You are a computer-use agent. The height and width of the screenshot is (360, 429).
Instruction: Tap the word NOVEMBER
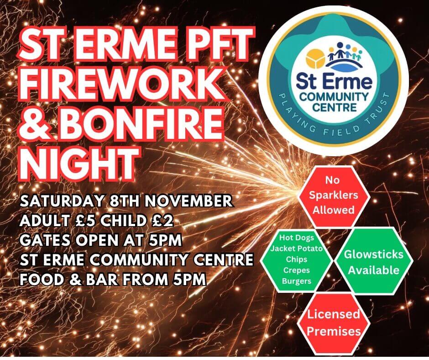188,201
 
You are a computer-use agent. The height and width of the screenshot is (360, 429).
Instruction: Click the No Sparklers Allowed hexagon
334,196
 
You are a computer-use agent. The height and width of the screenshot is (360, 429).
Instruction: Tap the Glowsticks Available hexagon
373,261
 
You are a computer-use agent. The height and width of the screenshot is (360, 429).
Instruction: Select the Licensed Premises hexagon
334,323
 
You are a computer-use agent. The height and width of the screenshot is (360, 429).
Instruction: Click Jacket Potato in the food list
297,249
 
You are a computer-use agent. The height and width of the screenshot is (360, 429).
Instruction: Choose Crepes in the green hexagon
297,270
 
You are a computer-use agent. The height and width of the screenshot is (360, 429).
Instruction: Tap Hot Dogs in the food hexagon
297,238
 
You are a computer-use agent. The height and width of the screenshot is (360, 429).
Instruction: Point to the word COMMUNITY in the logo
334,96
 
